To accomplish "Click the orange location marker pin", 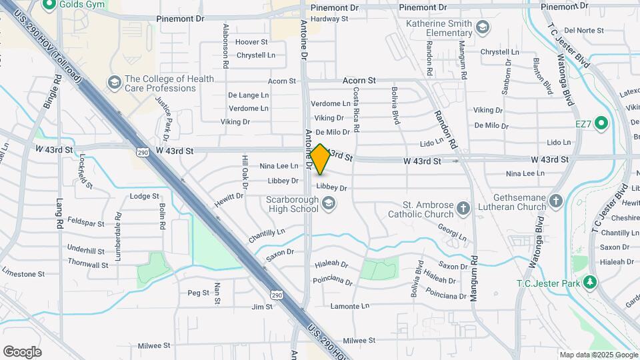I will click(x=320, y=159).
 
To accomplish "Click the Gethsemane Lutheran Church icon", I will click(x=556, y=200).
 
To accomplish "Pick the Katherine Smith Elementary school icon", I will click(x=483, y=27).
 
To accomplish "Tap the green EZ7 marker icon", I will click(x=601, y=123).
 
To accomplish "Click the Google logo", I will click(x=22, y=351).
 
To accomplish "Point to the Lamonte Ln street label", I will click(x=349, y=306).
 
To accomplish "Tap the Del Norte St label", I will click(x=583, y=31).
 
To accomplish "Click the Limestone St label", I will click(x=23, y=274).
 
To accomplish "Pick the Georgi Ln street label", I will click(x=452, y=231).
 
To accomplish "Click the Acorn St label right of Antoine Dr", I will click(x=359, y=80).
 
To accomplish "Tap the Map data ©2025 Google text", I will click(x=597, y=355).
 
